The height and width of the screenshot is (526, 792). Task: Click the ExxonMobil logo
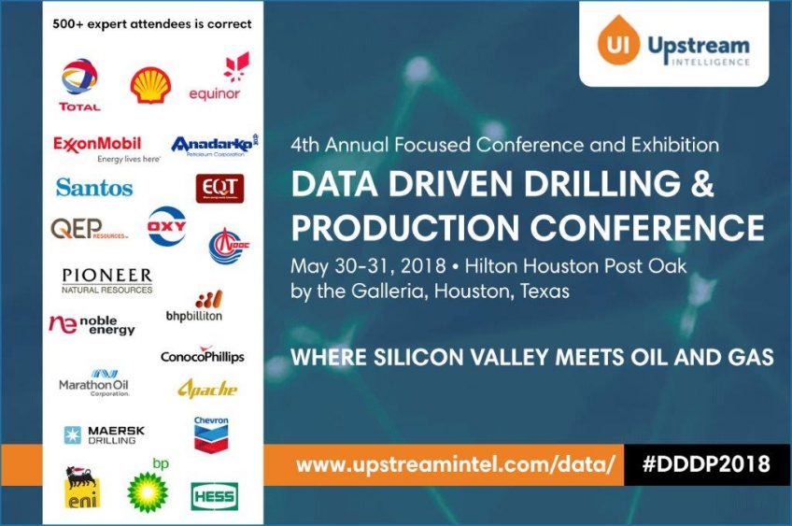click(97, 148)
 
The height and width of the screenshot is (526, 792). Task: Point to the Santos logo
click(94, 187)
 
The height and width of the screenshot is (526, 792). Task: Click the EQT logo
click(220, 188)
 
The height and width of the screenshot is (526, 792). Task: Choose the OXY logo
click(167, 226)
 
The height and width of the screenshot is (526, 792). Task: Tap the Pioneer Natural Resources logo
click(106, 280)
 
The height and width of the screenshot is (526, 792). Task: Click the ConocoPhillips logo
click(202, 357)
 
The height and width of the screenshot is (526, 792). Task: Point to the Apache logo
click(207, 389)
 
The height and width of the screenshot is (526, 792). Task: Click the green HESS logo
click(214, 495)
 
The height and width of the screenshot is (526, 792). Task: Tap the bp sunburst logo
click(147, 490)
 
